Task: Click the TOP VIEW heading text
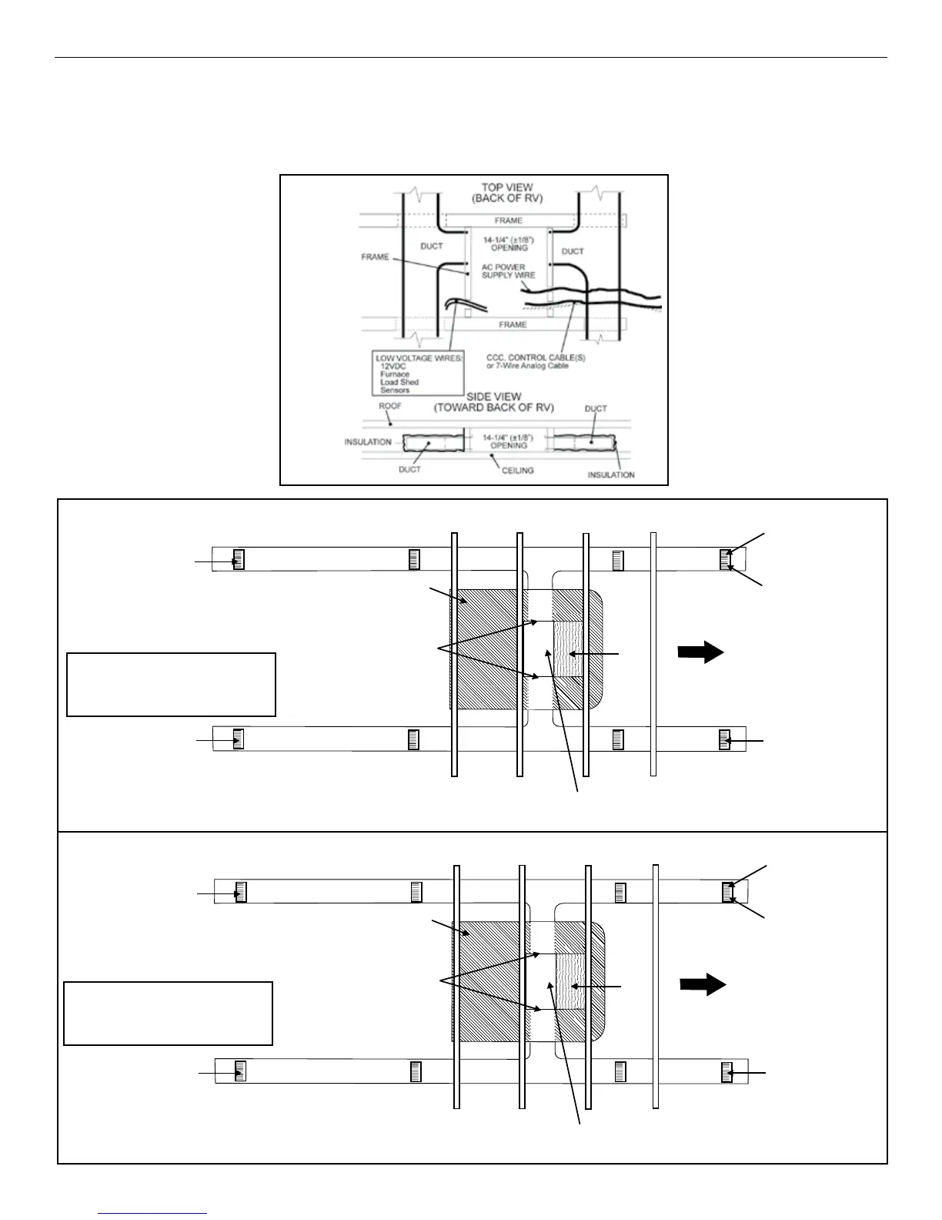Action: [508, 187]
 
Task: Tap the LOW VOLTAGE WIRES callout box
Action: [418, 374]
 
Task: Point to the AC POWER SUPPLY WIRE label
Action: [508, 271]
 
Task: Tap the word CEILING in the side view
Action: [517, 470]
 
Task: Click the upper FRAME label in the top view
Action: [508, 220]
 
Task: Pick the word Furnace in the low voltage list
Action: [395, 374]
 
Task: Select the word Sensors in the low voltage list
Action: [395, 390]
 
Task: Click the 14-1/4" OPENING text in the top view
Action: [509, 243]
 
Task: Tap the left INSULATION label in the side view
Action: [368, 442]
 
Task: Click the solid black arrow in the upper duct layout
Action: [700, 652]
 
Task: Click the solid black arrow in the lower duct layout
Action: [703, 984]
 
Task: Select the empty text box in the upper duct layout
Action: [171, 685]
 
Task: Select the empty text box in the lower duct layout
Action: [168, 1013]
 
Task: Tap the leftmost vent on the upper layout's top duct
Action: [239, 559]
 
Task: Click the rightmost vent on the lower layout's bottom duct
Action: [726, 1071]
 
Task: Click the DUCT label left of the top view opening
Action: [432, 246]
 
